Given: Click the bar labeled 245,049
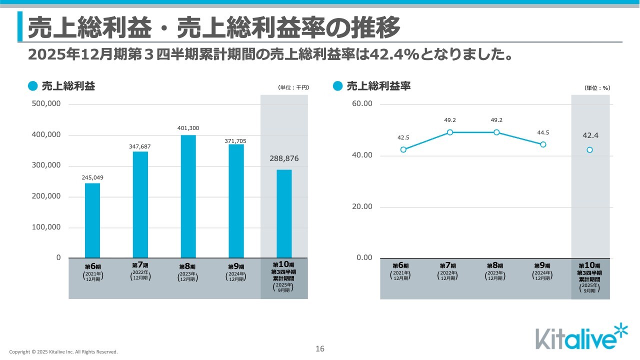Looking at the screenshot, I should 92,220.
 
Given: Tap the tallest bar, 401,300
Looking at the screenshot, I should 188,196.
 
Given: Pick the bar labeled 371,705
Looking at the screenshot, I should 236,201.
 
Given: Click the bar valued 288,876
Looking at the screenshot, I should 284,213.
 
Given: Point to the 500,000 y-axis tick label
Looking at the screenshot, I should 45,104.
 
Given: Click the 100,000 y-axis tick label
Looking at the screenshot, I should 45,227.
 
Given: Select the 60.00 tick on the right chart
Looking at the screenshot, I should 361,104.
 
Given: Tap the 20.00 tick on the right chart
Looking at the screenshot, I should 361,206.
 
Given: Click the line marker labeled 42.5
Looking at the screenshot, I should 403,149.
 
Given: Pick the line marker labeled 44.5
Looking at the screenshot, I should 543,144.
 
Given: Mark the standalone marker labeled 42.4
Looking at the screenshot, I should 590,150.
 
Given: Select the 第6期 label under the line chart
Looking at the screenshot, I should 400,266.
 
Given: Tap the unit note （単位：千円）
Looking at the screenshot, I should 293,87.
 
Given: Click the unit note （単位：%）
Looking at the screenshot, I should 597,88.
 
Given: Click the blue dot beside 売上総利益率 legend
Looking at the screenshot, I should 338,86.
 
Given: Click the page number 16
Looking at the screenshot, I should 320,349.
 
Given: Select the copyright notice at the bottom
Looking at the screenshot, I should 63,352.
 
